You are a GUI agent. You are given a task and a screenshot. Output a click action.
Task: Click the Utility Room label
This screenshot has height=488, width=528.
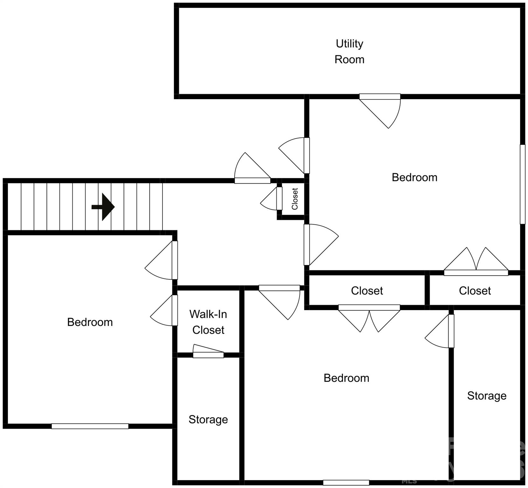[349, 51]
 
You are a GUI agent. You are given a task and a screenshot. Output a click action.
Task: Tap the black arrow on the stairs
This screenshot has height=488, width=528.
[103, 207]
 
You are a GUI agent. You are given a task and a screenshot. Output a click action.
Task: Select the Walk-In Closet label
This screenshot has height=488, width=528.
[208, 322]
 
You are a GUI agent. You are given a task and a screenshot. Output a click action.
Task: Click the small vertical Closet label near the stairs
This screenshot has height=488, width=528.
[295, 199]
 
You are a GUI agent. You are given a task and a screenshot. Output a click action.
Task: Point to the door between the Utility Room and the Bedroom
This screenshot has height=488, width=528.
[380, 97]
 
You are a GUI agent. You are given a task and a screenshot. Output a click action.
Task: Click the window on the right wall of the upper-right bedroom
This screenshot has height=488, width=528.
[522, 184]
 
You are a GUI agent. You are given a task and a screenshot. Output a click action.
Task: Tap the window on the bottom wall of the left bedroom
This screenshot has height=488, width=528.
[90, 426]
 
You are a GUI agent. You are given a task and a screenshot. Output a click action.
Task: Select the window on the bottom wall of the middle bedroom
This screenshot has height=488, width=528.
[346, 483]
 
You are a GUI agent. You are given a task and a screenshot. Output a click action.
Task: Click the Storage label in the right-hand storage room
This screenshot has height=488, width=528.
[487, 396]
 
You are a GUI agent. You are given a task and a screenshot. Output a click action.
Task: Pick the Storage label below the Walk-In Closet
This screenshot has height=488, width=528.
[208, 419]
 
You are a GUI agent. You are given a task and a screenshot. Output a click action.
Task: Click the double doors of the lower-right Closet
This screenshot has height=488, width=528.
[476, 272]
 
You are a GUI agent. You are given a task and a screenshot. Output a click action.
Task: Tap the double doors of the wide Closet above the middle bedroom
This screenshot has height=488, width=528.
[369, 308]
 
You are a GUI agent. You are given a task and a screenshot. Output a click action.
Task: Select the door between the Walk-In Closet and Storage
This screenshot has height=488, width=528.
[208, 355]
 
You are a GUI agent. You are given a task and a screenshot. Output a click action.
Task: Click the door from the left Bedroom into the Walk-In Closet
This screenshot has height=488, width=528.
[175, 310]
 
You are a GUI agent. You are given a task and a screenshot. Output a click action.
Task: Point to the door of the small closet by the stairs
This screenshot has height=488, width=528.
[279, 199]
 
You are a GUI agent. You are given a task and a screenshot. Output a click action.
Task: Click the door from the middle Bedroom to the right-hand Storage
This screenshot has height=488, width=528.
[451, 331]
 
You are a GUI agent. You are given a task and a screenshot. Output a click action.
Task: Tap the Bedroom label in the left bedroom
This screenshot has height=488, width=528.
[90, 322]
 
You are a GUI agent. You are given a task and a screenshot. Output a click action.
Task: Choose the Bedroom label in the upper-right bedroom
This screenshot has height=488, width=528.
[414, 177]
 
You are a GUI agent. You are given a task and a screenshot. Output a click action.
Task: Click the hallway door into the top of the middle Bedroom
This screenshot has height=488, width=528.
[279, 288]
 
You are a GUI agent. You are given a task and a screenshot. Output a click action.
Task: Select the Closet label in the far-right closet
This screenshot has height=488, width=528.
[475, 291]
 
